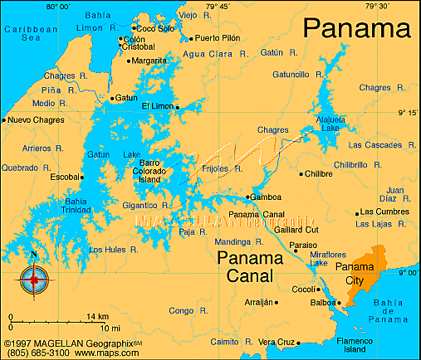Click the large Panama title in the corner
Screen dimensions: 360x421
[x=356, y=27]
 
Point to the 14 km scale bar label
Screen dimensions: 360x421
[x=97, y=317]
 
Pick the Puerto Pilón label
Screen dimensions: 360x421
[x=221, y=38]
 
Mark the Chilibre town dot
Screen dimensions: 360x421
[x=301, y=174]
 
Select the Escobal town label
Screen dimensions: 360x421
[x=64, y=177]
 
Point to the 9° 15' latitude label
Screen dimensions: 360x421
[x=407, y=112]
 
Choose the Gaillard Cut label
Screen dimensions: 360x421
[x=296, y=229]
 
